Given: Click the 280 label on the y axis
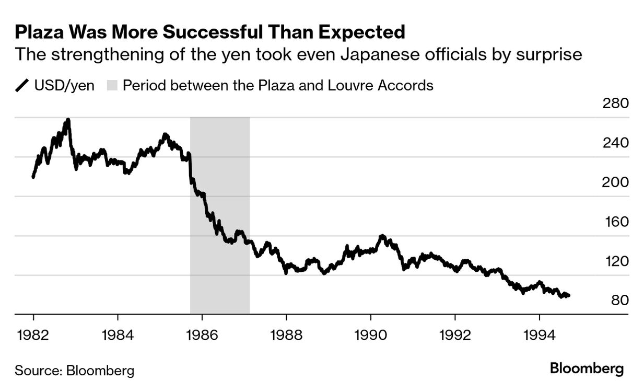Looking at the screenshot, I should [x=616, y=103].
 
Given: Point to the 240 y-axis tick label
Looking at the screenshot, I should [x=616, y=143].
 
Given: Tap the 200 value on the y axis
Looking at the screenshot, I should [x=616, y=182].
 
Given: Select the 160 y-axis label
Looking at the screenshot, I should [x=616, y=222].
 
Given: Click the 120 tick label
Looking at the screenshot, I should [x=616, y=261].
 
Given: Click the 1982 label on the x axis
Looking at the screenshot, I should [x=33, y=335].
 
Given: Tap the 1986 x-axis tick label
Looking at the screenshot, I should [x=202, y=335].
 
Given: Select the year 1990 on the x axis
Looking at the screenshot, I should [x=371, y=335].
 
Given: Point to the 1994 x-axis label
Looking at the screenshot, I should [x=540, y=335].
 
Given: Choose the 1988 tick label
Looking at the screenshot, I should [x=286, y=335].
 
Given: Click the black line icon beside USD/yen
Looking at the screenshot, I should [x=22, y=85].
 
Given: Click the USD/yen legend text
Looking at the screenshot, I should [x=64, y=85].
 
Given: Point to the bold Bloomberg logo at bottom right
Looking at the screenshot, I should [x=587, y=368].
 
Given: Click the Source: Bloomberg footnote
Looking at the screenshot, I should [x=74, y=371].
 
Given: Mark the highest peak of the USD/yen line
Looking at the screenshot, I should [x=68, y=120].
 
